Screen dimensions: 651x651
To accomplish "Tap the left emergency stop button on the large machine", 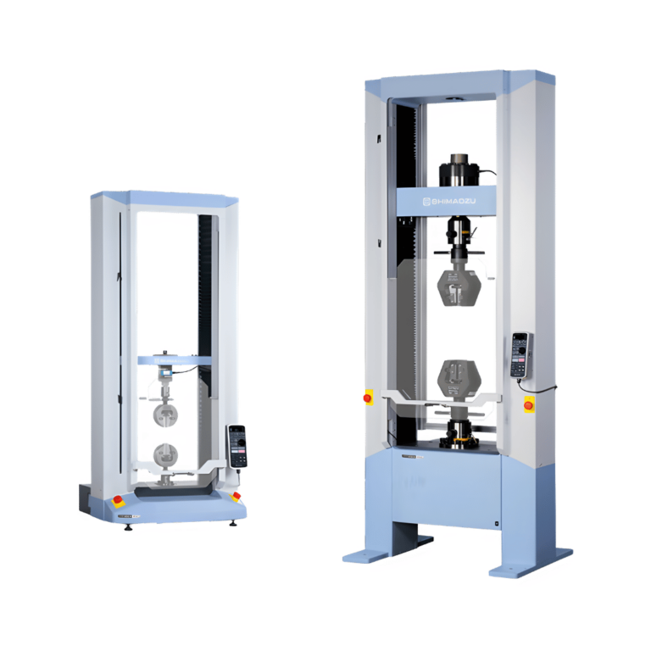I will (368, 397).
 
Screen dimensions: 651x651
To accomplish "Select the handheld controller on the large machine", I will (520, 354).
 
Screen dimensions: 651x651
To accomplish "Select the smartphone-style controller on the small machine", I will (237, 444).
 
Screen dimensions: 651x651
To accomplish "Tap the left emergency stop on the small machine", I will (117, 500).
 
